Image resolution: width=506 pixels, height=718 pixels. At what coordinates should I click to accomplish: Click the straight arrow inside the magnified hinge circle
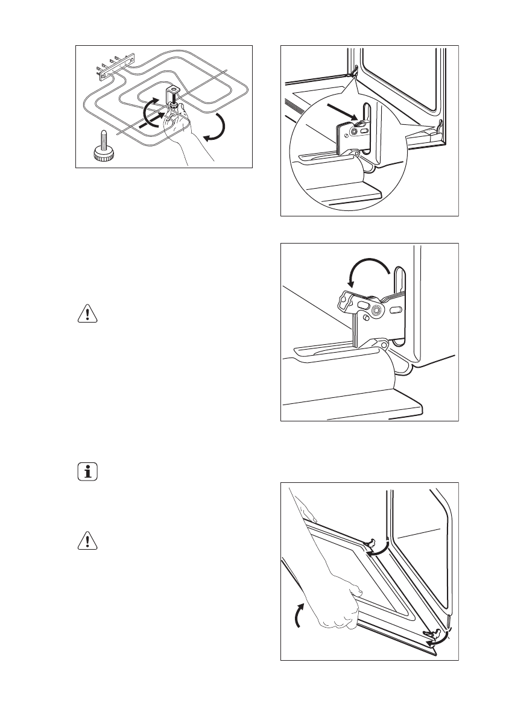pyautogui.click(x=338, y=113)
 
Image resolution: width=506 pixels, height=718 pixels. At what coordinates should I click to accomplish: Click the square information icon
pyautogui.click(x=87, y=472)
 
